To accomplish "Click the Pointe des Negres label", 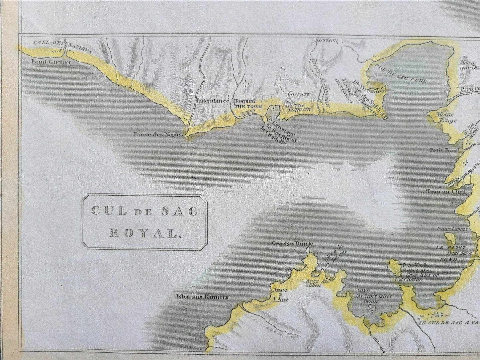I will [x=158, y=135].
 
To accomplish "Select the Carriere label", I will [x=296, y=94].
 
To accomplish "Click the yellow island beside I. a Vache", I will [x=394, y=266].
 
